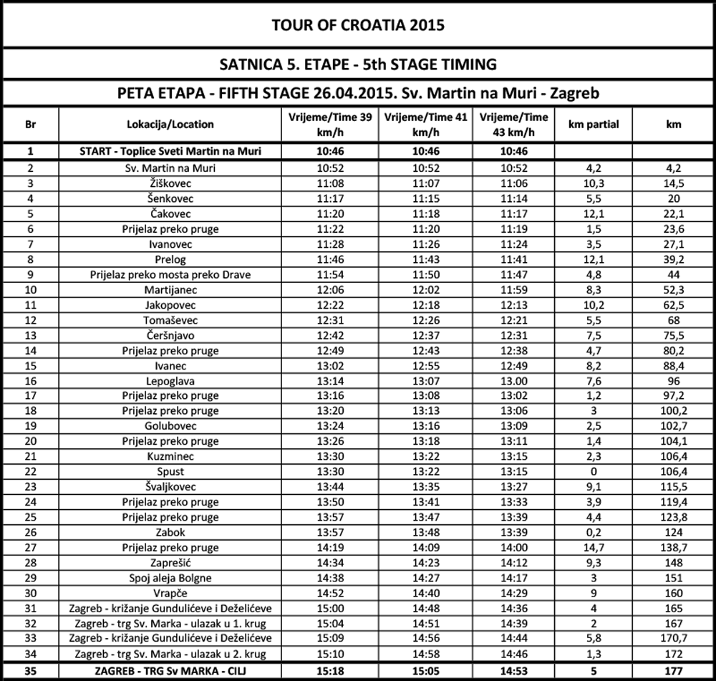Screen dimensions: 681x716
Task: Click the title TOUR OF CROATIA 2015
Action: click(358, 25)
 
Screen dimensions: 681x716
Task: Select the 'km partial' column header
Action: click(593, 124)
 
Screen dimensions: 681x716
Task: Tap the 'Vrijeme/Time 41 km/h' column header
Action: click(426, 124)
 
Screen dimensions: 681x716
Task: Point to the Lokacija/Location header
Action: click(170, 124)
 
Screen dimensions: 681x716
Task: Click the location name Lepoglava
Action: click(170, 381)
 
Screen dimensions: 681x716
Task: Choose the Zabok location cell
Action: click(170, 533)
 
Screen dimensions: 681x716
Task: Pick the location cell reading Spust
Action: click(170, 472)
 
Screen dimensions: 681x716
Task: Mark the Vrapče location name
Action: click(170, 593)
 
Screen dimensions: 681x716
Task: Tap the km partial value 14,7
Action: click(593, 548)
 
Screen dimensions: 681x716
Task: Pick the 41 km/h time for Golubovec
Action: click(426, 426)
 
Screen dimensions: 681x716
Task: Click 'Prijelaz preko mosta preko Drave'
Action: click(170, 275)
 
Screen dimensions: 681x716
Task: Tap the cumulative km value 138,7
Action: click(673, 548)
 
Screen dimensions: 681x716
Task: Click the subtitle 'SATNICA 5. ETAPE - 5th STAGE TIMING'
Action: click(358, 64)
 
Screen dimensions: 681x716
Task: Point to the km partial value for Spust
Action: click(593, 472)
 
